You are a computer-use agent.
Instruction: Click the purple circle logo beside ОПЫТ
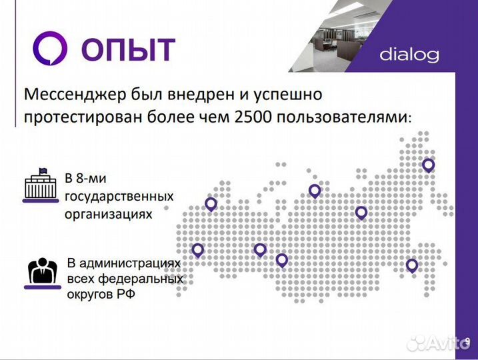[51, 49]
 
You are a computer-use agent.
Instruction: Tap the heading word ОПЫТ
[128, 50]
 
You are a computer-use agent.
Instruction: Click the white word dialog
[409, 55]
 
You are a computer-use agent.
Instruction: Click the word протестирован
[77, 117]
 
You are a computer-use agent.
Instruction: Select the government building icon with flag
[41, 186]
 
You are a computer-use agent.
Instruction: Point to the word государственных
[119, 197]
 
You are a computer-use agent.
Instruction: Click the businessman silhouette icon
[42, 272]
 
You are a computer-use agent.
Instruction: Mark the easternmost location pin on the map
[428, 165]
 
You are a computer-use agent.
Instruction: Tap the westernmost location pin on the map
[197, 250]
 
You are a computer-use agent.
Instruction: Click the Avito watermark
[437, 344]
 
